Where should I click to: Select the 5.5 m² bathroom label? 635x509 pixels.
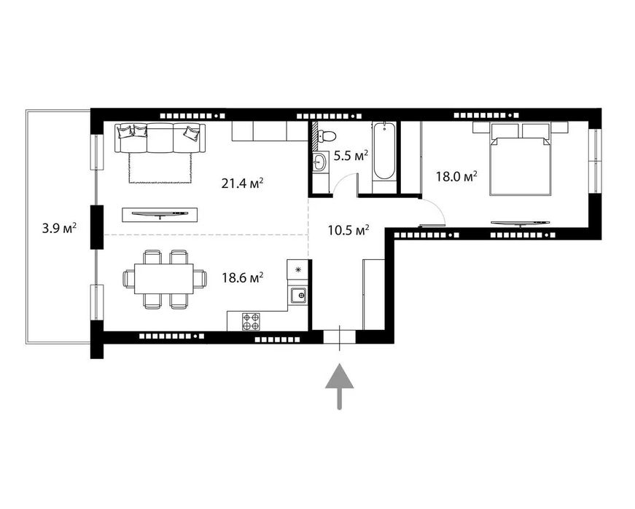click(x=350, y=155)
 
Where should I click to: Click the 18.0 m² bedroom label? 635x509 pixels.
click(x=456, y=175)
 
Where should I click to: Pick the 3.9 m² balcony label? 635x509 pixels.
click(x=60, y=229)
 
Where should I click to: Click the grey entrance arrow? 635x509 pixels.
click(x=339, y=386)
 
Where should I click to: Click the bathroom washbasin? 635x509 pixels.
click(x=319, y=162)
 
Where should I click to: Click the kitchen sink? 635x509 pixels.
click(x=297, y=295)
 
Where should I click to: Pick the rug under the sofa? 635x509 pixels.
click(x=160, y=167)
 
